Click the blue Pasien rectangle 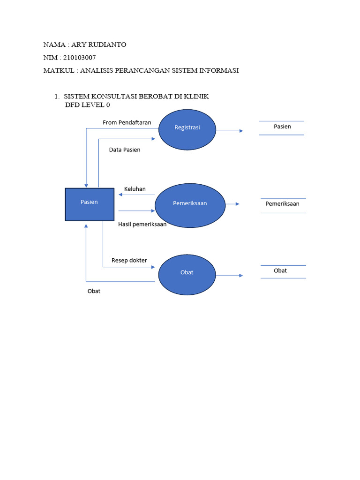point(89,204)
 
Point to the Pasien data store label point(282,127)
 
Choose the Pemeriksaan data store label point(282,203)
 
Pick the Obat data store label point(280,270)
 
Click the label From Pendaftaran point(127,122)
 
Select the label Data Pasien point(125,150)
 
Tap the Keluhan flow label point(135,189)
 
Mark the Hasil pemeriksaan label point(142,224)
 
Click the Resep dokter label point(129,260)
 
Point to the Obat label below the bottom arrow point(94,291)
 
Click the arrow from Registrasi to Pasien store point(229,131)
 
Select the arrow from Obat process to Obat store point(229,276)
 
